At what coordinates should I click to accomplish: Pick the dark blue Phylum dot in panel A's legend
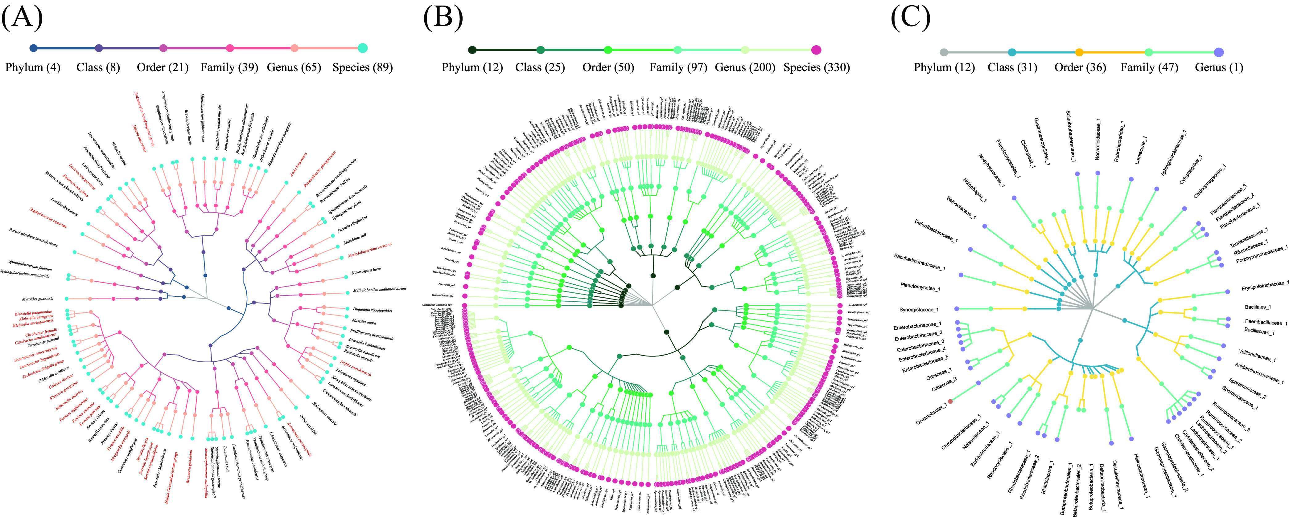tap(34, 48)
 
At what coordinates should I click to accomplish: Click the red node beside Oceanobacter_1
tap(950, 401)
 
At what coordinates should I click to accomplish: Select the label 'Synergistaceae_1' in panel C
tap(919, 310)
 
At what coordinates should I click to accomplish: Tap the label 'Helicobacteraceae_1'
tap(1141, 475)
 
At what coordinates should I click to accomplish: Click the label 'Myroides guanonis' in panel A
tap(38, 299)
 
